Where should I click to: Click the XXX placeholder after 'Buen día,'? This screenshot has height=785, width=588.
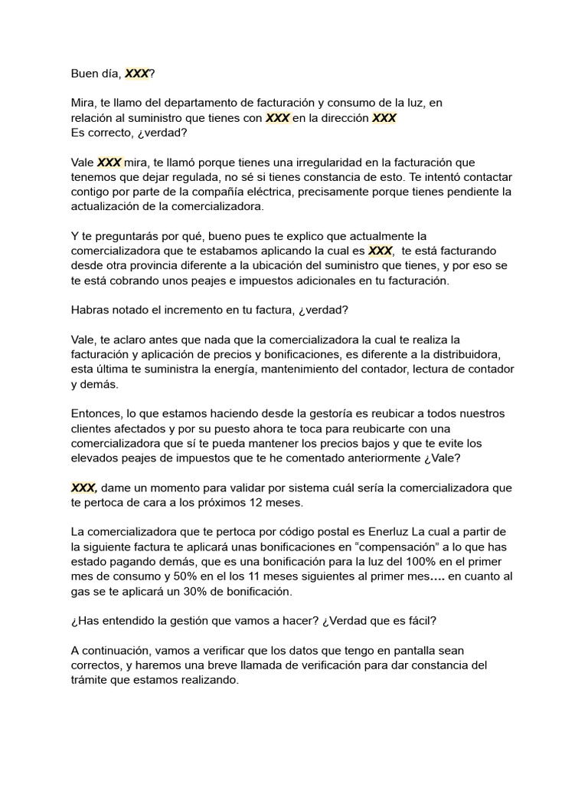point(138,74)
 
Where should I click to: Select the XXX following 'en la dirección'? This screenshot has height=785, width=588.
point(384,118)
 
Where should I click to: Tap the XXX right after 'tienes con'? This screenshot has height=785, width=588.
point(278,118)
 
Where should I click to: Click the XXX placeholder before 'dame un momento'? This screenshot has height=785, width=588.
point(83,488)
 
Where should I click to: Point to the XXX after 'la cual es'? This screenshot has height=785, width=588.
point(381,251)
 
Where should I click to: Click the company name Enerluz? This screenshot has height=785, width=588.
point(387,531)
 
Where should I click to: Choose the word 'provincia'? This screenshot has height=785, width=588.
point(154,265)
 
